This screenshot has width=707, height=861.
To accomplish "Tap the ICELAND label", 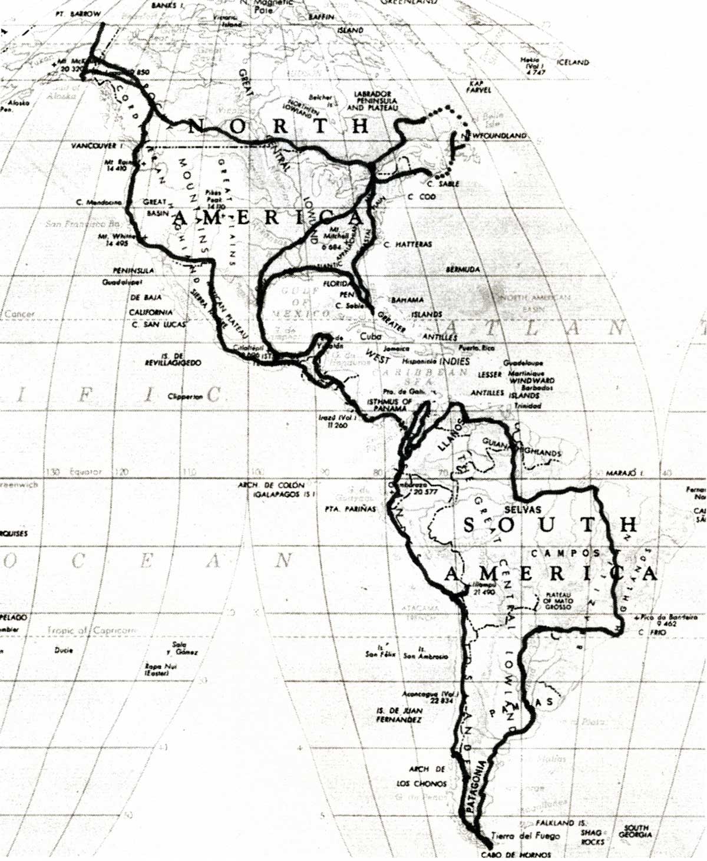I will [x=572, y=62].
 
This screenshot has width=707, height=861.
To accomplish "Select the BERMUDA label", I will [x=462, y=269].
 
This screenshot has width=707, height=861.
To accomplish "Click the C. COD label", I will [x=421, y=196].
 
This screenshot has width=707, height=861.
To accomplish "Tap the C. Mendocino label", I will [x=98, y=202].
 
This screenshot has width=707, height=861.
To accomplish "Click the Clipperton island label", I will [x=185, y=397].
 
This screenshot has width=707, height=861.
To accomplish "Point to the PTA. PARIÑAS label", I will [x=349, y=509].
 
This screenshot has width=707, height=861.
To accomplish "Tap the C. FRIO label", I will [x=650, y=632].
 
